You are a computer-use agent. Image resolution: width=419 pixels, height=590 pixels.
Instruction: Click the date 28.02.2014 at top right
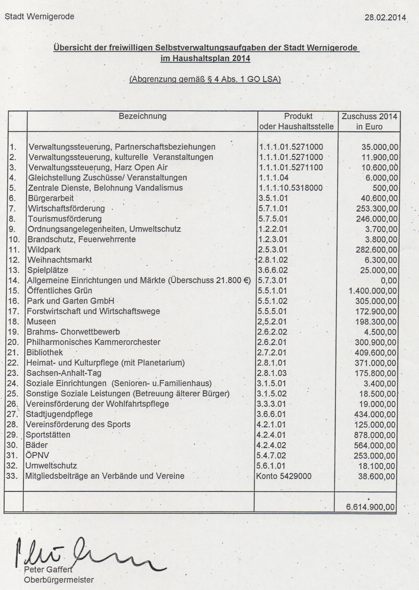tap(385, 17)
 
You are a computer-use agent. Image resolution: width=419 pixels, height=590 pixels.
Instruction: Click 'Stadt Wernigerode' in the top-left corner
tap(39, 17)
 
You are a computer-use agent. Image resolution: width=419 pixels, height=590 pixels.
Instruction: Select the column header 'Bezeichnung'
tap(143, 116)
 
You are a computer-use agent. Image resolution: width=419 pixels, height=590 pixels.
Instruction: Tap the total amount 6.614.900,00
tap(370, 507)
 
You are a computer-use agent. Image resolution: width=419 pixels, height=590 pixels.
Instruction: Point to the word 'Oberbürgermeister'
tap(59, 580)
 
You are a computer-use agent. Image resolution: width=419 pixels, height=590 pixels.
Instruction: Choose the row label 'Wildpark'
tap(44, 250)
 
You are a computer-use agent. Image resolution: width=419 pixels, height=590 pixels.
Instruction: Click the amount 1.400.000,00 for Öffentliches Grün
tap(373, 291)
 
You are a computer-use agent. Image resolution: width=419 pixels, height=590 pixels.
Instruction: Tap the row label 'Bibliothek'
tap(45, 352)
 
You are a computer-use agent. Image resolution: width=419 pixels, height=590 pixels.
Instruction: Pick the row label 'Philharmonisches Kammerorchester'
tap(93, 342)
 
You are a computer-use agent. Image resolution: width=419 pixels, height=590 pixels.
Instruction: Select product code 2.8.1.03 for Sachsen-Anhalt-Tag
tap(272, 373)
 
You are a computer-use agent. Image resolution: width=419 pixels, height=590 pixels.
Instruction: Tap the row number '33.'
tap(12, 476)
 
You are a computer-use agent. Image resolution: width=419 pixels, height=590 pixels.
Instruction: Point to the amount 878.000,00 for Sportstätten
tap(374, 435)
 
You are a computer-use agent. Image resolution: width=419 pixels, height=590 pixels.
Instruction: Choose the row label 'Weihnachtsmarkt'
tap(60, 260)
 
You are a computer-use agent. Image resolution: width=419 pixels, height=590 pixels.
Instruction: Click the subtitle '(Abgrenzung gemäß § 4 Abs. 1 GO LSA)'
tap(205, 80)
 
